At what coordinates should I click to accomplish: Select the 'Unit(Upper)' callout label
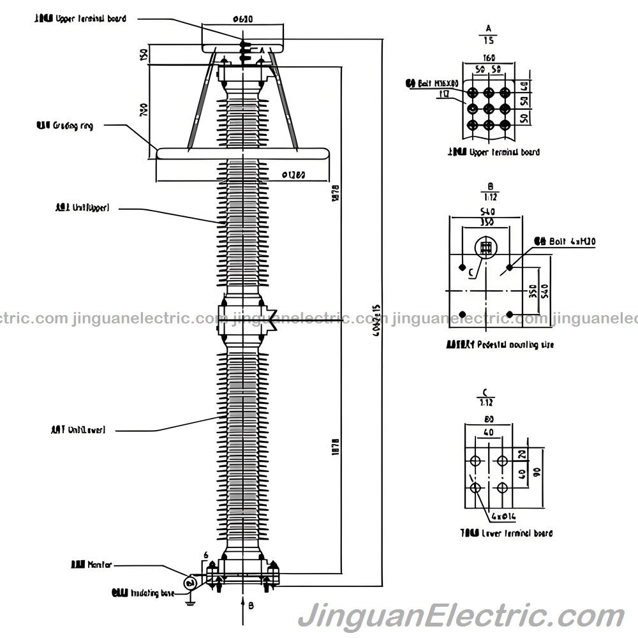(x=82, y=207)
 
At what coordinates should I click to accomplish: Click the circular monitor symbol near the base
(x=189, y=582)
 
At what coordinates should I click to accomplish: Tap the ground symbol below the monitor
(x=189, y=599)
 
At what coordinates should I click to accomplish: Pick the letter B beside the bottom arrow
(x=251, y=605)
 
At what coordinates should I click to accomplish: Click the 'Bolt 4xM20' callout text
(x=564, y=241)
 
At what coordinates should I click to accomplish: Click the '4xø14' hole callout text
(x=503, y=515)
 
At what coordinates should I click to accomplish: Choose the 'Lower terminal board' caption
(x=507, y=533)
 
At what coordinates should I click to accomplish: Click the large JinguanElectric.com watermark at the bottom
(x=461, y=618)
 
